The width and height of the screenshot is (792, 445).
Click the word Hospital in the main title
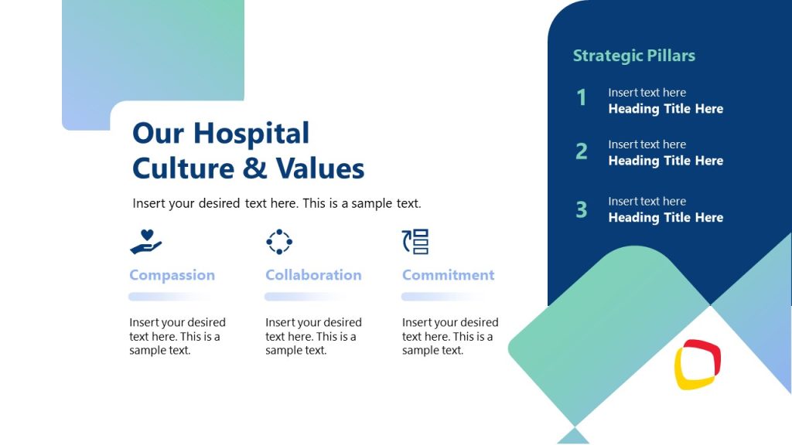(x=251, y=134)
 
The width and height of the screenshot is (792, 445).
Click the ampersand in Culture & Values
(x=249, y=168)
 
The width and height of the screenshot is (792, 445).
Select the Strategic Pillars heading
(x=633, y=56)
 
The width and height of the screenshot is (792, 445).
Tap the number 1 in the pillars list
(x=582, y=98)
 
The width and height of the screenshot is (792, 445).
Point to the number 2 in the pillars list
(x=582, y=151)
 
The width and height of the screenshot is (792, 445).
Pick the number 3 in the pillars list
(x=582, y=209)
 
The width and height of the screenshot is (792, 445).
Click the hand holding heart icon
(x=145, y=242)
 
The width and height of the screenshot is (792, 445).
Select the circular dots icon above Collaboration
(x=279, y=242)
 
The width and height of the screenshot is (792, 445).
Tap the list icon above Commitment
(x=415, y=242)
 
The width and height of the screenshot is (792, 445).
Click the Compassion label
(x=172, y=275)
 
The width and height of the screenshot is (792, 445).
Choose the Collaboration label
(x=313, y=275)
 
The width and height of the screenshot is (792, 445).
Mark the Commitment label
(x=448, y=275)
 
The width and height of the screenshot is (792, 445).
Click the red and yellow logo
(x=697, y=365)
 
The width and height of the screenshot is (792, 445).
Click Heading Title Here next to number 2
(x=665, y=161)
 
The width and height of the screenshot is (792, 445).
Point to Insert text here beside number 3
(x=647, y=202)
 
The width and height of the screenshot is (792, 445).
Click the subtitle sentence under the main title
(x=277, y=204)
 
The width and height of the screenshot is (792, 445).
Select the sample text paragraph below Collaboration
(x=313, y=336)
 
